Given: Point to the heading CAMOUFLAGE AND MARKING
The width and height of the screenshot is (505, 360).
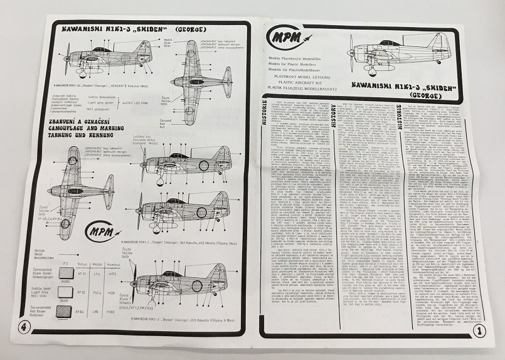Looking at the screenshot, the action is pyautogui.click(x=94, y=124).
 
